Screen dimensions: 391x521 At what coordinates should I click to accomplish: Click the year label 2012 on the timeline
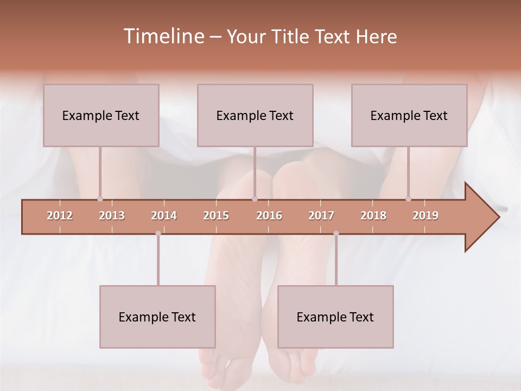click(x=60, y=216)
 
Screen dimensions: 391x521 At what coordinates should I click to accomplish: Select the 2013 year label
click(x=112, y=216)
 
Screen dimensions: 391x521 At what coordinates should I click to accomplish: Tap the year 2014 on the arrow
click(x=164, y=216)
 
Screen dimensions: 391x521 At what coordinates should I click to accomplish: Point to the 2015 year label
click(x=216, y=216)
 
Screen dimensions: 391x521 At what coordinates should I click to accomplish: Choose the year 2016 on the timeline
click(x=269, y=216)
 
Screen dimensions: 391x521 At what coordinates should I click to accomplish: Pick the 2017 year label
click(x=321, y=216)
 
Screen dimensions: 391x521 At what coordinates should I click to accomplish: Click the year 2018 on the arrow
click(x=373, y=216)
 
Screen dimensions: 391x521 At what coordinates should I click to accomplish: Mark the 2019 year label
click(x=425, y=216)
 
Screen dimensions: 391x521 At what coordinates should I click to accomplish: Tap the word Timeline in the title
click(x=163, y=36)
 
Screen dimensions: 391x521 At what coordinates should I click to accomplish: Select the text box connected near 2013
click(x=101, y=115)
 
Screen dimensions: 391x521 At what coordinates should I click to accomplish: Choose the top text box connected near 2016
click(x=255, y=115)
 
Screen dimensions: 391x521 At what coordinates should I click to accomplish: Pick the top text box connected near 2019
click(x=409, y=115)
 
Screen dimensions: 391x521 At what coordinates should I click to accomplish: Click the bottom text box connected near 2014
click(x=157, y=317)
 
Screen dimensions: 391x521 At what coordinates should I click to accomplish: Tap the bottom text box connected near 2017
click(x=335, y=317)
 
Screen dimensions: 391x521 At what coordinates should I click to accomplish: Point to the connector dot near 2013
click(x=100, y=199)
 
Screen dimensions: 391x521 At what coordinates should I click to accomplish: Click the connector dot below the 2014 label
click(x=158, y=234)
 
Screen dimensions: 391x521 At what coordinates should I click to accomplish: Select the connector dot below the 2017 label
click(x=336, y=234)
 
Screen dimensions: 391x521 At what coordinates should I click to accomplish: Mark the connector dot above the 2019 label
click(x=408, y=199)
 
